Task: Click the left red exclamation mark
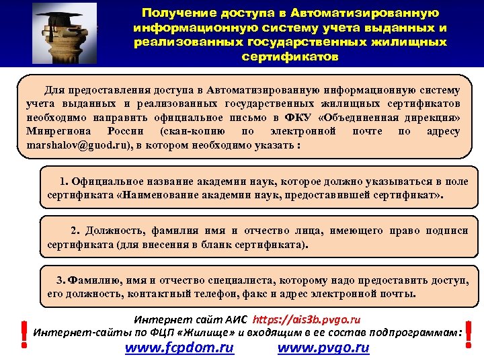(x=24, y=333)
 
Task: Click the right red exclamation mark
(x=468, y=333)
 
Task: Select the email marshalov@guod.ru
(x=80, y=145)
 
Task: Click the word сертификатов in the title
(x=290, y=56)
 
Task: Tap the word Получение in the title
(x=173, y=13)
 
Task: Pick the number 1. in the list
(x=64, y=182)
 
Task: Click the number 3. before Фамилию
(x=61, y=280)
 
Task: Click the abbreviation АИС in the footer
(x=238, y=319)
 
